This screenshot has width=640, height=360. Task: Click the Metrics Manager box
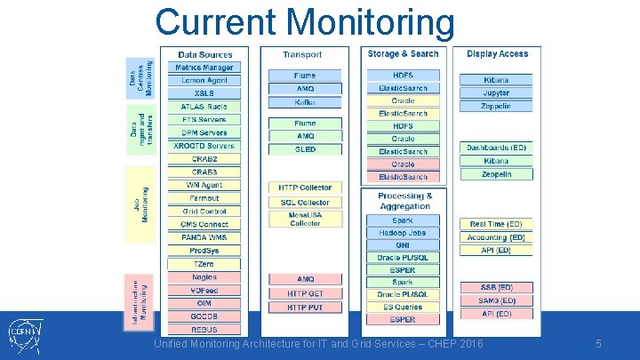tap(204, 68)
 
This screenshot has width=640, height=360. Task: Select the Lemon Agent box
tap(204, 80)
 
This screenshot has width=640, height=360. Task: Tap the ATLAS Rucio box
tap(204, 107)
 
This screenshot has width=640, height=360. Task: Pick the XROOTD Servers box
tap(204, 146)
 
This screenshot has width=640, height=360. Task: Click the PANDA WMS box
tap(204, 237)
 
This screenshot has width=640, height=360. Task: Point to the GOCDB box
tap(204, 316)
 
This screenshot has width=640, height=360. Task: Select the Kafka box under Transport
tap(305, 102)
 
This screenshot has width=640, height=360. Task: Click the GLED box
tap(305, 149)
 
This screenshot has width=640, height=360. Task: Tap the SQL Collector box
tap(305, 203)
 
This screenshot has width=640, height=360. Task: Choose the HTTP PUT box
tap(305, 307)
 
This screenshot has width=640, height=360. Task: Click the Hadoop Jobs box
tap(403, 233)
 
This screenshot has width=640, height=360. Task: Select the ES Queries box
tap(403, 307)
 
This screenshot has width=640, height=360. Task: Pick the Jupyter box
tap(497, 92)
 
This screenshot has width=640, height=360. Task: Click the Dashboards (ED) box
tap(497, 148)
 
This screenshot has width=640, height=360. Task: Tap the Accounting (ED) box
tap(497, 237)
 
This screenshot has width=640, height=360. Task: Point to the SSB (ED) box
tap(497, 287)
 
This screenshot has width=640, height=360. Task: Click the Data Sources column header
tap(204, 55)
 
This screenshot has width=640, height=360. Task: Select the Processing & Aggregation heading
tap(404, 201)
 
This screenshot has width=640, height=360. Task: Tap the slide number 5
tap(599, 343)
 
